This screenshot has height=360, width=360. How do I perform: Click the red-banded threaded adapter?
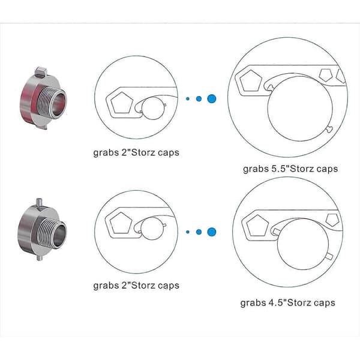[x=43, y=99]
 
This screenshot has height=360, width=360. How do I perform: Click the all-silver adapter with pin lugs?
[x=42, y=230]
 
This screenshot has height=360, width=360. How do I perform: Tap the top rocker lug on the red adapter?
[x=41, y=71]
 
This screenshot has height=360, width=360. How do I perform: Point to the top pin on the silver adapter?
[x=39, y=203]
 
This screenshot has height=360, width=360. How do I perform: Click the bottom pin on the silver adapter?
[x=40, y=257]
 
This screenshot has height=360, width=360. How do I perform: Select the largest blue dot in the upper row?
[x=211, y=99]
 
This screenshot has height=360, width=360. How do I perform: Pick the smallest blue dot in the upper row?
[x=188, y=99]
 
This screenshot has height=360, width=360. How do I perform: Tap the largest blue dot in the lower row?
[x=211, y=232]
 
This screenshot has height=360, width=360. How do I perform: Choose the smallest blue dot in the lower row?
[x=188, y=232]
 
